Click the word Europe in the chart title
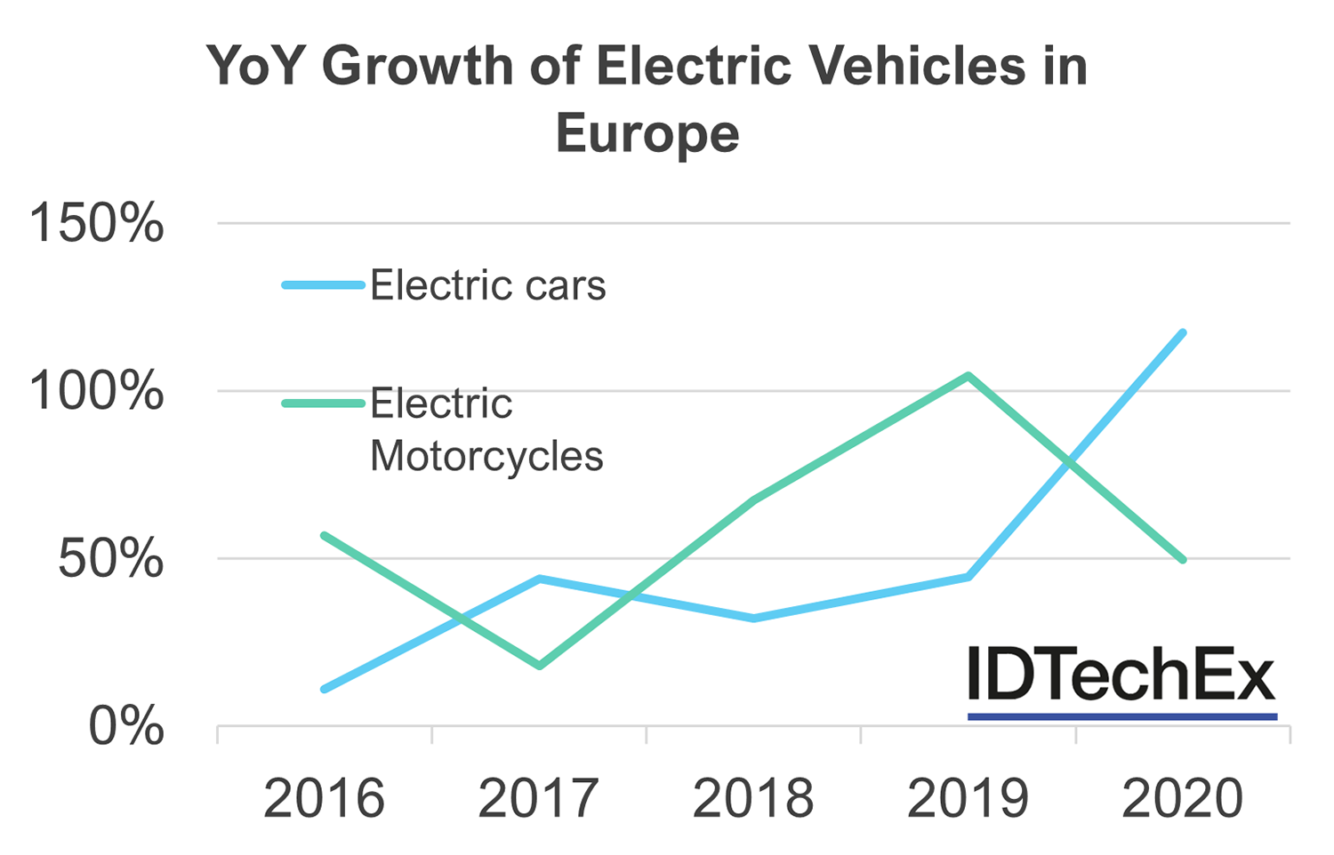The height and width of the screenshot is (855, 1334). click(x=647, y=135)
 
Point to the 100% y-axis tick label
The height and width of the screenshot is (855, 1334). click(x=97, y=391)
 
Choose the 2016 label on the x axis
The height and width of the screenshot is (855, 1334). click(x=324, y=798)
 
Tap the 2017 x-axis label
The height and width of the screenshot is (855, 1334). click(x=538, y=798)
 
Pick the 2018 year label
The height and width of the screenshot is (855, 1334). click(x=753, y=798)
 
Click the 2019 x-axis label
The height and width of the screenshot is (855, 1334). click(x=968, y=798)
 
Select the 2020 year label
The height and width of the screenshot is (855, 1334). click(x=1182, y=798)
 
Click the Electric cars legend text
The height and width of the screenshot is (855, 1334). click(x=487, y=285)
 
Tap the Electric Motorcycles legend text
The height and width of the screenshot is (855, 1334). click(x=486, y=430)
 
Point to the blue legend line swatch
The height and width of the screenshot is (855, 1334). click(x=324, y=285)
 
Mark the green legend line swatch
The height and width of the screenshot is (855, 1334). click(x=324, y=404)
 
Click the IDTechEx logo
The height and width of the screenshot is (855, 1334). click(x=1121, y=680)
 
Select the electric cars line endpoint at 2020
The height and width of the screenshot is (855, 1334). click(x=1182, y=333)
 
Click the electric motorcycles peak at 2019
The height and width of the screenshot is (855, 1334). click(x=968, y=376)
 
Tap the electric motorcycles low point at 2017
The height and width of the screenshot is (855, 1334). click(x=539, y=665)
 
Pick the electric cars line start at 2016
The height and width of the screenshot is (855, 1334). click(x=325, y=689)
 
